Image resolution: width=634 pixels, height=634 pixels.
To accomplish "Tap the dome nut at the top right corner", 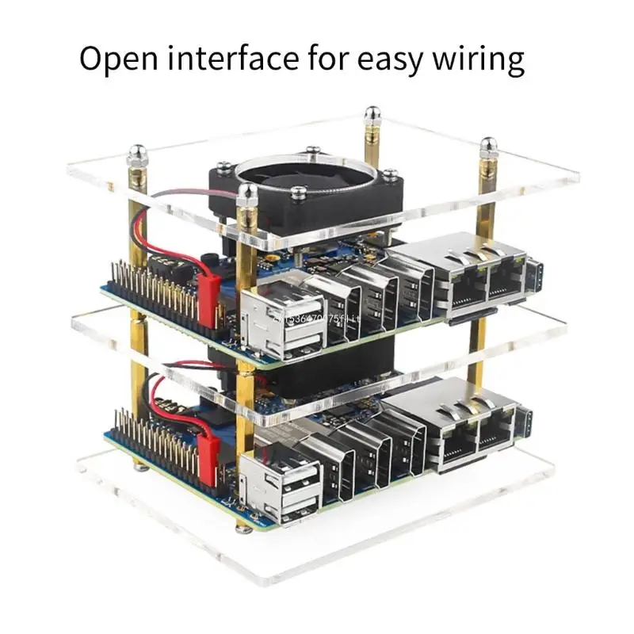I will pyautogui.click(x=488, y=146).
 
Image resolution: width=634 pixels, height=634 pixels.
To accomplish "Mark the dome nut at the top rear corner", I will pyautogui.click(x=372, y=116).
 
